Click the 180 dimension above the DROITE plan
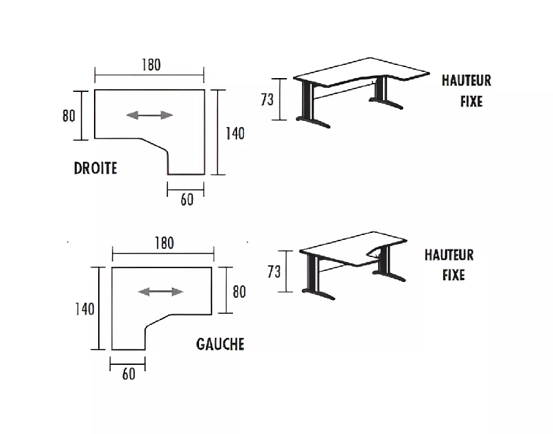coord(151,65)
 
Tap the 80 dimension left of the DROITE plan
coord(68,115)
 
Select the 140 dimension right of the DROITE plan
coord(235,133)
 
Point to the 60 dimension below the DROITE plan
coord(187,200)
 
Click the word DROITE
coord(95,168)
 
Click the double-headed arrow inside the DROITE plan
coord(149,115)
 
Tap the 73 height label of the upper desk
coord(267,100)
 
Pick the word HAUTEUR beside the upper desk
coord(466,80)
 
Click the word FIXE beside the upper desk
coord(471,102)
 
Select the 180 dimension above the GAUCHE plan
coord(165,243)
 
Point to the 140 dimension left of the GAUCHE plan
coord(84,309)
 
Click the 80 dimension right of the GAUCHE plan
coord(239,292)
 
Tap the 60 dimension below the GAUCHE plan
coord(129,374)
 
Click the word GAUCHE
coord(220,344)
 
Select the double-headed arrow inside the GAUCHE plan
coord(160,292)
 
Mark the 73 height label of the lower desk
coord(274,272)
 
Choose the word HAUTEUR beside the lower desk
coord(449,255)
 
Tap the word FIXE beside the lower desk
coord(453,275)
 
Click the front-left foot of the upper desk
coord(313,122)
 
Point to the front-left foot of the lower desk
coord(319,294)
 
